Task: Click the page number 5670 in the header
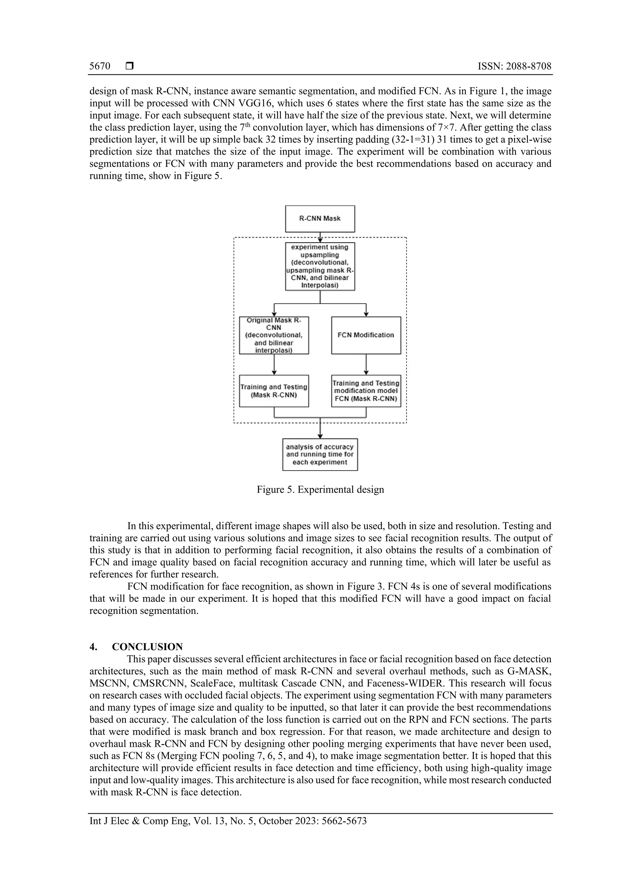pyautogui.click(x=100, y=66)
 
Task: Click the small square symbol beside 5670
pyautogui.click(x=130, y=66)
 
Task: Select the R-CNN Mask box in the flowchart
pyautogui.click(x=320, y=218)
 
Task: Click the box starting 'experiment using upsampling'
pyautogui.click(x=320, y=266)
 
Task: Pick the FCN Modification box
pyautogui.click(x=366, y=335)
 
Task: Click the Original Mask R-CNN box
pyautogui.click(x=274, y=335)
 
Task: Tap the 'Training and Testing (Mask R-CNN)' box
pyautogui.click(x=274, y=391)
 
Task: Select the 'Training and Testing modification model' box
pyautogui.click(x=366, y=391)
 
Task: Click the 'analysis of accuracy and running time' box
pyautogui.click(x=320, y=454)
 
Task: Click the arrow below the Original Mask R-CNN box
pyautogui.click(x=274, y=364)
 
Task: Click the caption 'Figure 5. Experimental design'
pyautogui.click(x=320, y=489)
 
